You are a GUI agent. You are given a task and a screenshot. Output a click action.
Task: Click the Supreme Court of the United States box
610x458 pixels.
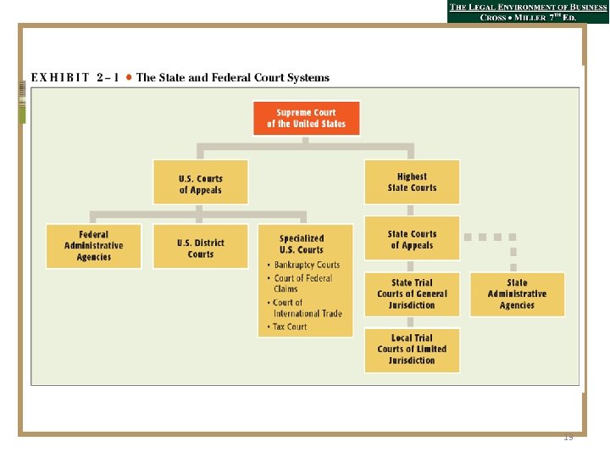(306, 118)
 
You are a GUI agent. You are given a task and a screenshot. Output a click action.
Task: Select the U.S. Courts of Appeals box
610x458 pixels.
(201, 182)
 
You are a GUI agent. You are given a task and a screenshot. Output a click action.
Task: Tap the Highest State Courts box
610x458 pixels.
(412, 182)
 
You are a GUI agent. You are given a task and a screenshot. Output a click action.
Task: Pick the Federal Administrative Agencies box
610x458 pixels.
(94, 246)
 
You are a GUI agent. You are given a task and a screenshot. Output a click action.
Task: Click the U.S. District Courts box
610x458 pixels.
(201, 248)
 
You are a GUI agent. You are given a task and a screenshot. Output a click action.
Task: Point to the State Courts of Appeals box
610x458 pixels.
(412, 239)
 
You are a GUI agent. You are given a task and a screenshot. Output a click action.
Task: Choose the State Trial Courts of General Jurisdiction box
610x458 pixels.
(412, 294)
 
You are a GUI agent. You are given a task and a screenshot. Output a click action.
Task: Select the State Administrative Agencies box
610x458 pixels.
(517, 294)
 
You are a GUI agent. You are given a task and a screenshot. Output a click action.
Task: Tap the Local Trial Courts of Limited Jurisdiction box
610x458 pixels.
(412, 349)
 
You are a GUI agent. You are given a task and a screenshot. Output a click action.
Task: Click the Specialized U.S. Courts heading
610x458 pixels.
(302, 244)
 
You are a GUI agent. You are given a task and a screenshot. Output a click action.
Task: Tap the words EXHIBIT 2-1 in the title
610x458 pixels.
(75, 77)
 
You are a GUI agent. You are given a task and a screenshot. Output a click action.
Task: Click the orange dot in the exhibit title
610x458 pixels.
(128, 77)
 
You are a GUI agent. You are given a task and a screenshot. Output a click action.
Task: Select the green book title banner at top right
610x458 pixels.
(528, 12)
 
